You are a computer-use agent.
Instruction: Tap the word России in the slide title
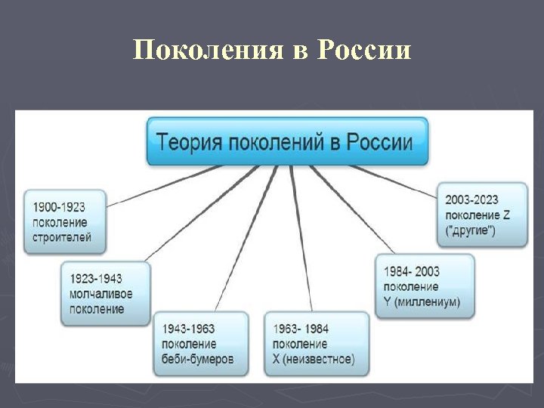point(365,51)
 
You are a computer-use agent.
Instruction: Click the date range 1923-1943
point(95,279)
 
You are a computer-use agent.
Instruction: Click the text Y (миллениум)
point(422,302)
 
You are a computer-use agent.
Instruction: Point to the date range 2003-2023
point(471,200)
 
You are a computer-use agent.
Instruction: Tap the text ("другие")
point(471,230)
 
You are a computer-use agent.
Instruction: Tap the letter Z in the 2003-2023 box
point(506,215)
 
